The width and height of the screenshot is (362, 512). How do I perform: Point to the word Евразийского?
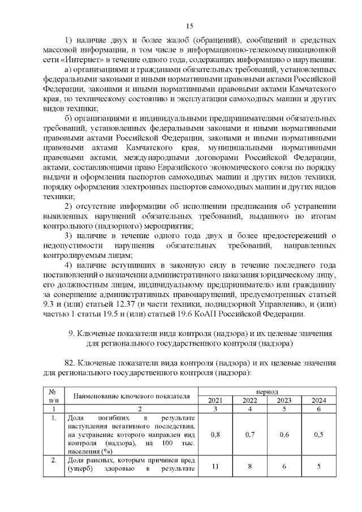(x=177, y=169)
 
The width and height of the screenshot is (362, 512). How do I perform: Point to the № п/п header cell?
(x=53, y=396)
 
